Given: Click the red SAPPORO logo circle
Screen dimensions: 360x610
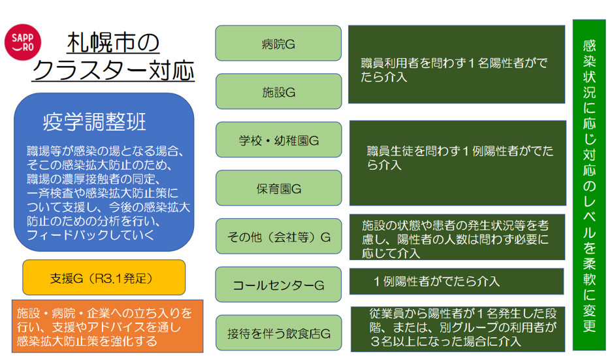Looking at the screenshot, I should (27, 42).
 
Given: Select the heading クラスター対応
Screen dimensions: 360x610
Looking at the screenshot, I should (113, 70).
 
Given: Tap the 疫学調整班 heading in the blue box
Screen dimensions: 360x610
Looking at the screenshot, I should (94, 122).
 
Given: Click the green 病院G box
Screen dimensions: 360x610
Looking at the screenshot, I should (278, 43).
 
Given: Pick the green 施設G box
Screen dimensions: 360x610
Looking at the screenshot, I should (278, 91).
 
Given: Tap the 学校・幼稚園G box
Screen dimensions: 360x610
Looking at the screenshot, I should (278, 140).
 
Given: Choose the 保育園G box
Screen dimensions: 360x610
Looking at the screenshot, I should (278, 188).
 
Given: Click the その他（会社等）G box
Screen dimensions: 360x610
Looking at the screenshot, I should (278, 236).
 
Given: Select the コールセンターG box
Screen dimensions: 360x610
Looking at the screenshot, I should (278, 284).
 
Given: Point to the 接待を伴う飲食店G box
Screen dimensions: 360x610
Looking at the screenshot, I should (278, 333).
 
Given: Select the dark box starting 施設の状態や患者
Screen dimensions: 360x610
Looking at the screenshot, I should (457, 237).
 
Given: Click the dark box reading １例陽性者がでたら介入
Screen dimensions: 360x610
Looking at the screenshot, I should (457, 282).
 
